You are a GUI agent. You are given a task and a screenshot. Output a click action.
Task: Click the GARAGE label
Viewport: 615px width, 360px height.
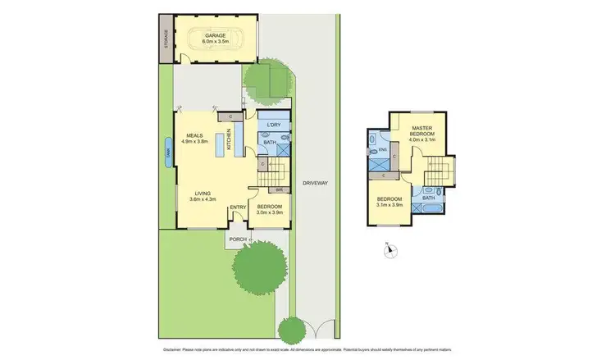216,36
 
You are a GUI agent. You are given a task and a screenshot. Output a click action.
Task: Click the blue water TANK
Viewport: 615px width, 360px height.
167,153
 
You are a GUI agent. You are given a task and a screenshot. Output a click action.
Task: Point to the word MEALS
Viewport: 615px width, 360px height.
194,135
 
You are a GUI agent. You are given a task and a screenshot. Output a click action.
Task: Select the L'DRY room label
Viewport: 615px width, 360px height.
275,125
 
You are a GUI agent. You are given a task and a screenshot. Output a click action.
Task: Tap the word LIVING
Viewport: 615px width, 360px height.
202,193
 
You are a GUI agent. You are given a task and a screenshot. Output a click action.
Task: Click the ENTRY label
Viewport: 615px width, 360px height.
238,207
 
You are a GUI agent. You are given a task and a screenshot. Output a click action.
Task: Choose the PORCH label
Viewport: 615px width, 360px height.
238,239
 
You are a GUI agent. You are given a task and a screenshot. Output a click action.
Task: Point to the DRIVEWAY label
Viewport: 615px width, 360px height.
314,183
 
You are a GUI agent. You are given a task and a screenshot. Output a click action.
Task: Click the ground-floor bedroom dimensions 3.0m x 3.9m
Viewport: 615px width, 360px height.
270,212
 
